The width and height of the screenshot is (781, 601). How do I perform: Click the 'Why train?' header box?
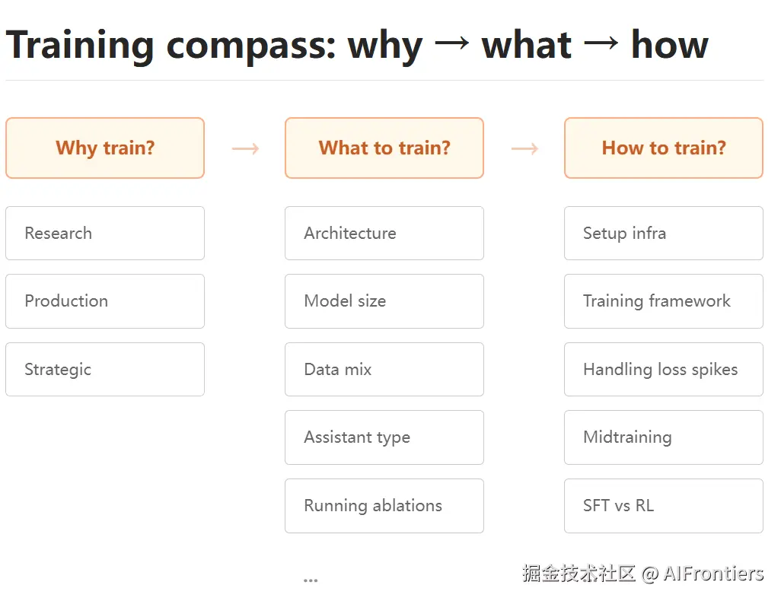(x=105, y=148)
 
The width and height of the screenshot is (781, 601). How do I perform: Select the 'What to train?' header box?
(x=384, y=148)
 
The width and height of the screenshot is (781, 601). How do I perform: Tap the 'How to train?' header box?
(x=664, y=148)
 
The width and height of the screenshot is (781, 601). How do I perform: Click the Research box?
(x=105, y=233)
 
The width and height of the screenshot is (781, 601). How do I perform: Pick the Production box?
(x=105, y=301)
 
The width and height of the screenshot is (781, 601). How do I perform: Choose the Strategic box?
(x=105, y=370)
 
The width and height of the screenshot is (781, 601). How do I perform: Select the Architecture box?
(x=384, y=233)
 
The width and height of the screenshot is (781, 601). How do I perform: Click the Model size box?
(x=384, y=301)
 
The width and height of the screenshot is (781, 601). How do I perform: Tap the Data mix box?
(x=384, y=370)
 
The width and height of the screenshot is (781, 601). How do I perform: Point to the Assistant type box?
(x=384, y=437)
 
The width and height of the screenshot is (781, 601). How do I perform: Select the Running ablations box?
(x=384, y=506)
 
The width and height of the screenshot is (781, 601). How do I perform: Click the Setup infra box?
(x=664, y=233)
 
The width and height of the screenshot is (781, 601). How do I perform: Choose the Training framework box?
(x=664, y=301)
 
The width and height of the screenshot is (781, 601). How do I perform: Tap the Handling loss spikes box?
(x=664, y=370)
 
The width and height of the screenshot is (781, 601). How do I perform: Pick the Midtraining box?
(x=664, y=437)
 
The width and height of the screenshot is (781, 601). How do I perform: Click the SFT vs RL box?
(x=664, y=506)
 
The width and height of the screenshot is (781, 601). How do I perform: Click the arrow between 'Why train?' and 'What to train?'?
(x=246, y=148)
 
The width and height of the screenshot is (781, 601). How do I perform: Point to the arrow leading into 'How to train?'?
(x=525, y=148)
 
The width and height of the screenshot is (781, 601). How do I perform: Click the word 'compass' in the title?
(x=251, y=46)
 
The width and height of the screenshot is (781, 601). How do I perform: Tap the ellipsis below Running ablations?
(x=311, y=580)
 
